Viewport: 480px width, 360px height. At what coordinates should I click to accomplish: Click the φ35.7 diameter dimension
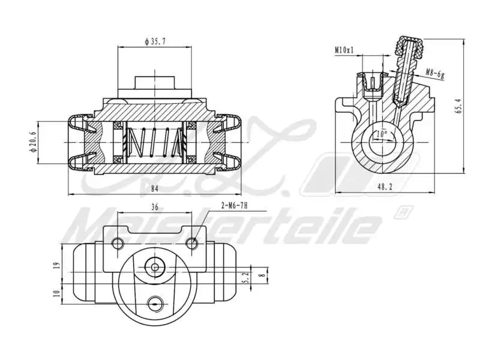(x=154, y=42)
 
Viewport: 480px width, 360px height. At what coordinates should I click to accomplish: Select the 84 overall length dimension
(x=154, y=189)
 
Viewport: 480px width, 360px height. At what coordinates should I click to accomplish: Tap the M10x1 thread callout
(x=344, y=51)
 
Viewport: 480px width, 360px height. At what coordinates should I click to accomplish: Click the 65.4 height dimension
(x=458, y=106)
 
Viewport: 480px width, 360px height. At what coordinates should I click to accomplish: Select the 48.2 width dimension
(x=385, y=187)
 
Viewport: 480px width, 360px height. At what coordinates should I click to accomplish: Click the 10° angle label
(x=380, y=133)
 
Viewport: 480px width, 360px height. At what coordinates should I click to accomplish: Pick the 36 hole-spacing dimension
(x=154, y=207)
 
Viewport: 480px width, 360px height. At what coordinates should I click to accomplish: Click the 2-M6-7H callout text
(x=235, y=205)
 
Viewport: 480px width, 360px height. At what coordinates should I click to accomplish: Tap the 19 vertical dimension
(x=56, y=265)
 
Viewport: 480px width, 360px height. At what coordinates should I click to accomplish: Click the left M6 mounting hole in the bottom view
(x=118, y=243)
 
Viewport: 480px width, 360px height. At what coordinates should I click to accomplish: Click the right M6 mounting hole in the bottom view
(x=192, y=243)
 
